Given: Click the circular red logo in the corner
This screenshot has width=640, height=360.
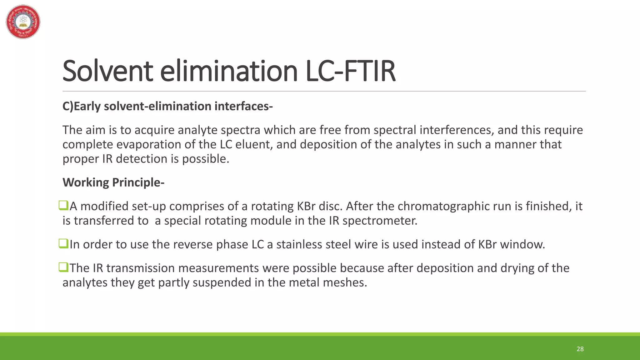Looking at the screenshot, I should (x=23, y=22).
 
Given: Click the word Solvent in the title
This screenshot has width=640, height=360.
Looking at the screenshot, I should (x=107, y=71).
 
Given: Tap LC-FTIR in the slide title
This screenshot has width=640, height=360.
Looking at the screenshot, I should (x=350, y=71).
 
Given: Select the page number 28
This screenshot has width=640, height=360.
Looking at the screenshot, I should (x=580, y=349).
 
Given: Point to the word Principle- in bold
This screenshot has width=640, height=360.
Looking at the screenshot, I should (x=138, y=182).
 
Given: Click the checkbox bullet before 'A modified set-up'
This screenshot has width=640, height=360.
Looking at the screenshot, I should (x=63, y=206).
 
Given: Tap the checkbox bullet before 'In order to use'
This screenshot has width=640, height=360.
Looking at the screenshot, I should (x=63, y=244).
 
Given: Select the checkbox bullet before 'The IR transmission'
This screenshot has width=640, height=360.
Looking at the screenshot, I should (x=63, y=267).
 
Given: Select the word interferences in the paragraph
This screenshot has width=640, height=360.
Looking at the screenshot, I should (x=457, y=130).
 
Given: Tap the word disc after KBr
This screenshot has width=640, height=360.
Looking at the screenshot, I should (x=331, y=206).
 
